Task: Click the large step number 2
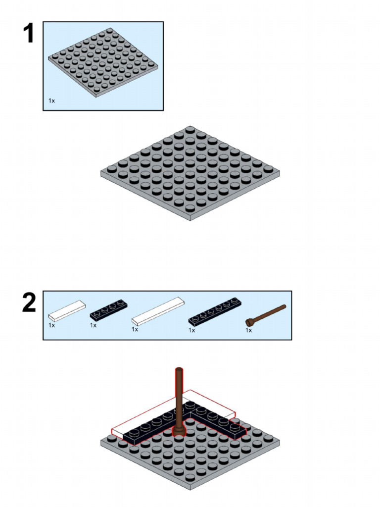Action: click(29, 304)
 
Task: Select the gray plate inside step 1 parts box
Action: click(103, 62)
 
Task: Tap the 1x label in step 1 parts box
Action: click(51, 101)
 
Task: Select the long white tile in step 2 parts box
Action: click(158, 311)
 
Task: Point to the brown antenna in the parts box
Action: click(266, 315)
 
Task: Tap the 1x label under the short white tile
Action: click(51, 325)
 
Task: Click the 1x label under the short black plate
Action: click(93, 325)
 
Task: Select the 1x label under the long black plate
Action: click(191, 330)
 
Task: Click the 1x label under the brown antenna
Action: click(248, 330)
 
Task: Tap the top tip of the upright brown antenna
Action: click(179, 370)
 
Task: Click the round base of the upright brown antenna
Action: click(179, 432)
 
